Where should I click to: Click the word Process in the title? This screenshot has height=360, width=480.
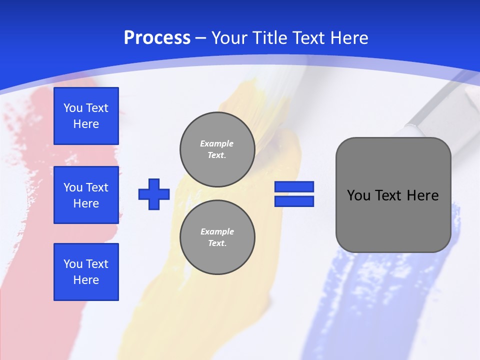157,38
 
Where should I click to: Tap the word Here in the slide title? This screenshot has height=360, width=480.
346,38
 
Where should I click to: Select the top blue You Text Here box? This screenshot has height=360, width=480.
86,116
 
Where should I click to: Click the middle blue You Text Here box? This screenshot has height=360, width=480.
86,195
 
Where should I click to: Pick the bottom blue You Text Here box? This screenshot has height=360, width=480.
86,271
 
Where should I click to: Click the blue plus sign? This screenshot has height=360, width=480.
154,194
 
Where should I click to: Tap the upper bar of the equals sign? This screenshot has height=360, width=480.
294,187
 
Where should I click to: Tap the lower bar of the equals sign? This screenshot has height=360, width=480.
294,201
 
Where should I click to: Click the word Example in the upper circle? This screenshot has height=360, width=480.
217,143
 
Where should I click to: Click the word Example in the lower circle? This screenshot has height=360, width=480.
217,231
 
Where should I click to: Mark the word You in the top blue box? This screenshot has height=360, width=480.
72,108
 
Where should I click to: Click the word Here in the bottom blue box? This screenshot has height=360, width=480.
86,280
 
